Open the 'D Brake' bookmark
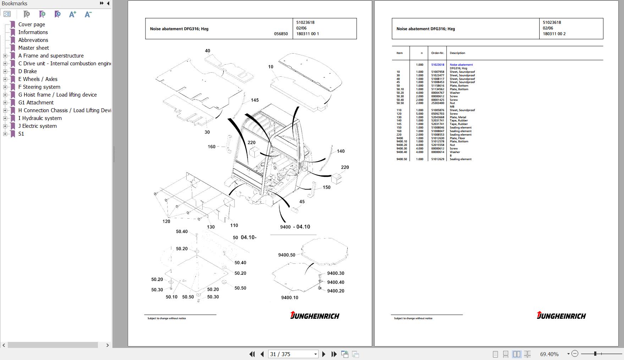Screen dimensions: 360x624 coord(27,71)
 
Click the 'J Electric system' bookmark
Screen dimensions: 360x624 coord(37,126)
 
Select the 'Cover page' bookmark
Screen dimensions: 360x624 coord(32,24)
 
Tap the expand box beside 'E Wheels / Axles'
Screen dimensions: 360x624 coord(5,79)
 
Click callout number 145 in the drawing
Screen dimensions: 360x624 coord(255,100)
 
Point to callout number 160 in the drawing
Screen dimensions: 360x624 coord(211,147)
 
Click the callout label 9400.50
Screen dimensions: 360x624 coord(287,255)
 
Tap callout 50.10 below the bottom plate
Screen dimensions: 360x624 coord(171,297)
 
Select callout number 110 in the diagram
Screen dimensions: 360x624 coord(234,225)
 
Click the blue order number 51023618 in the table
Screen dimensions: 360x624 coord(437,65)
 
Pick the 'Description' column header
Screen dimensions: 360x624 coord(457,53)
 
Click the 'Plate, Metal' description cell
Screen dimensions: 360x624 coord(458,117)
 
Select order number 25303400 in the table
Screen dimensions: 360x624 coord(437,103)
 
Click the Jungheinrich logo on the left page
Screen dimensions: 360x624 coord(315,315)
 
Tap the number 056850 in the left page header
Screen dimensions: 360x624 coord(281,34)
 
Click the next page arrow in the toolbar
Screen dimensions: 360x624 coord(324,354)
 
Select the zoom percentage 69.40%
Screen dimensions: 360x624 coord(549,354)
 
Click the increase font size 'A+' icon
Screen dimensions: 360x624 coord(73,14)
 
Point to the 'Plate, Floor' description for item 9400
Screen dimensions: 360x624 coord(457,138)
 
